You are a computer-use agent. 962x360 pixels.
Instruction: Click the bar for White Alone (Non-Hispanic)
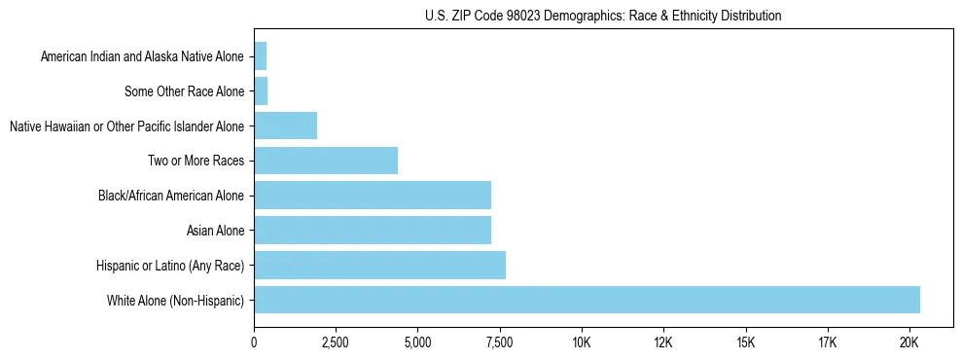point(587,300)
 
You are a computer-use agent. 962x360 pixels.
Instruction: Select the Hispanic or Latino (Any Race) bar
point(379,265)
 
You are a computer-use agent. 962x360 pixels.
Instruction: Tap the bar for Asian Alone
point(373,230)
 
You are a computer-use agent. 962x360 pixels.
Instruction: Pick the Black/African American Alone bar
point(373,195)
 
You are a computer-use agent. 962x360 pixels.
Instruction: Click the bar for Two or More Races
point(326,160)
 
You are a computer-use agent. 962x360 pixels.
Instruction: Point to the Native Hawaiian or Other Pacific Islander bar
point(285,126)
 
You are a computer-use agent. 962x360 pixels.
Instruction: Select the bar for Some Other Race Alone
point(261,90)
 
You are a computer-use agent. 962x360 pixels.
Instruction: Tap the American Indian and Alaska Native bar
point(260,55)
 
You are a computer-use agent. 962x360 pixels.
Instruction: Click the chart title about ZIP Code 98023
point(603,16)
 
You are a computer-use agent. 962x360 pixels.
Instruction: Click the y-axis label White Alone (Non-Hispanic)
point(176,301)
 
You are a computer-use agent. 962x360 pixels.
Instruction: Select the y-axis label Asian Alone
point(216,231)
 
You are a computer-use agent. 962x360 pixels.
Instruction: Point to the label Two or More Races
point(196,161)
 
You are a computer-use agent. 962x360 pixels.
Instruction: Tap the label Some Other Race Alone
point(185,91)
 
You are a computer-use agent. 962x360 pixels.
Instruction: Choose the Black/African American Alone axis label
point(171,196)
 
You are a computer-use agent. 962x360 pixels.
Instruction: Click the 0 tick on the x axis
point(254,342)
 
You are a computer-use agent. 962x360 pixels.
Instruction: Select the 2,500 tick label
point(336,342)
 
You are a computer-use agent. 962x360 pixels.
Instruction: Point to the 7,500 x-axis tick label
point(500,342)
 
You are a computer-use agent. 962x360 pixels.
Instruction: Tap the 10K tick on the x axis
point(582,342)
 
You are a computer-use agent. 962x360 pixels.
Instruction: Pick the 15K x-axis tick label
point(746,342)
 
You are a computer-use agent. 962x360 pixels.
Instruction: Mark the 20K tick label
point(909,342)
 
